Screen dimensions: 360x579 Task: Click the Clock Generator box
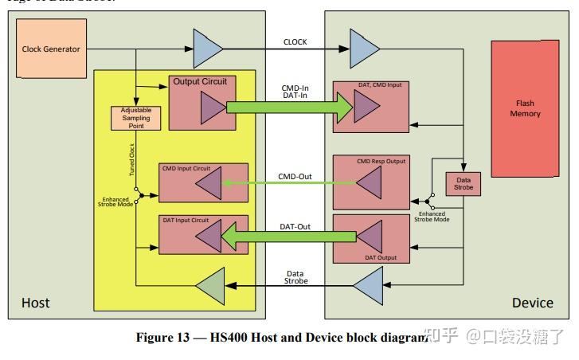pos(50,49)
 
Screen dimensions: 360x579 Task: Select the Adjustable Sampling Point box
pos(130,118)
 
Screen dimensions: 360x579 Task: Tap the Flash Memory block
pos(525,109)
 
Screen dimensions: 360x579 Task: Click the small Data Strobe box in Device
pos(463,183)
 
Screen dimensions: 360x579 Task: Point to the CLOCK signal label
pos(295,42)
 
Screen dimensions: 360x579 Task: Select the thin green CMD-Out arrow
pos(288,182)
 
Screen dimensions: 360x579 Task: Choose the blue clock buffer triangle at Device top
pos(363,49)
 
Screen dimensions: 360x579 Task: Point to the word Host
pos(35,303)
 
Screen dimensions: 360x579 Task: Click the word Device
pos(532,303)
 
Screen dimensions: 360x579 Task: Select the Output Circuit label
pos(199,81)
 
